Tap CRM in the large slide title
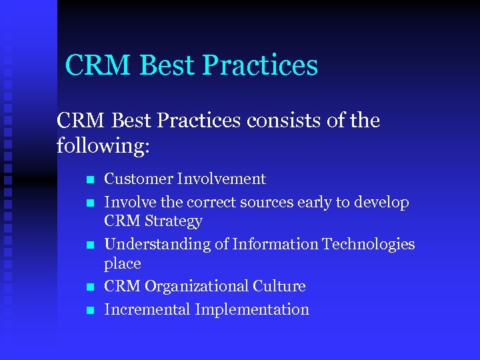(x=93, y=65)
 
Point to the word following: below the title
(x=104, y=145)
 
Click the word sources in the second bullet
(x=271, y=202)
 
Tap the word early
(x=321, y=202)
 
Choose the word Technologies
(x=369, y=245)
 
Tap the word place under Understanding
(x=123, y=264)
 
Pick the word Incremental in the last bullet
(x=147, y=309)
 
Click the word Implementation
(x=252, y=310)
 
